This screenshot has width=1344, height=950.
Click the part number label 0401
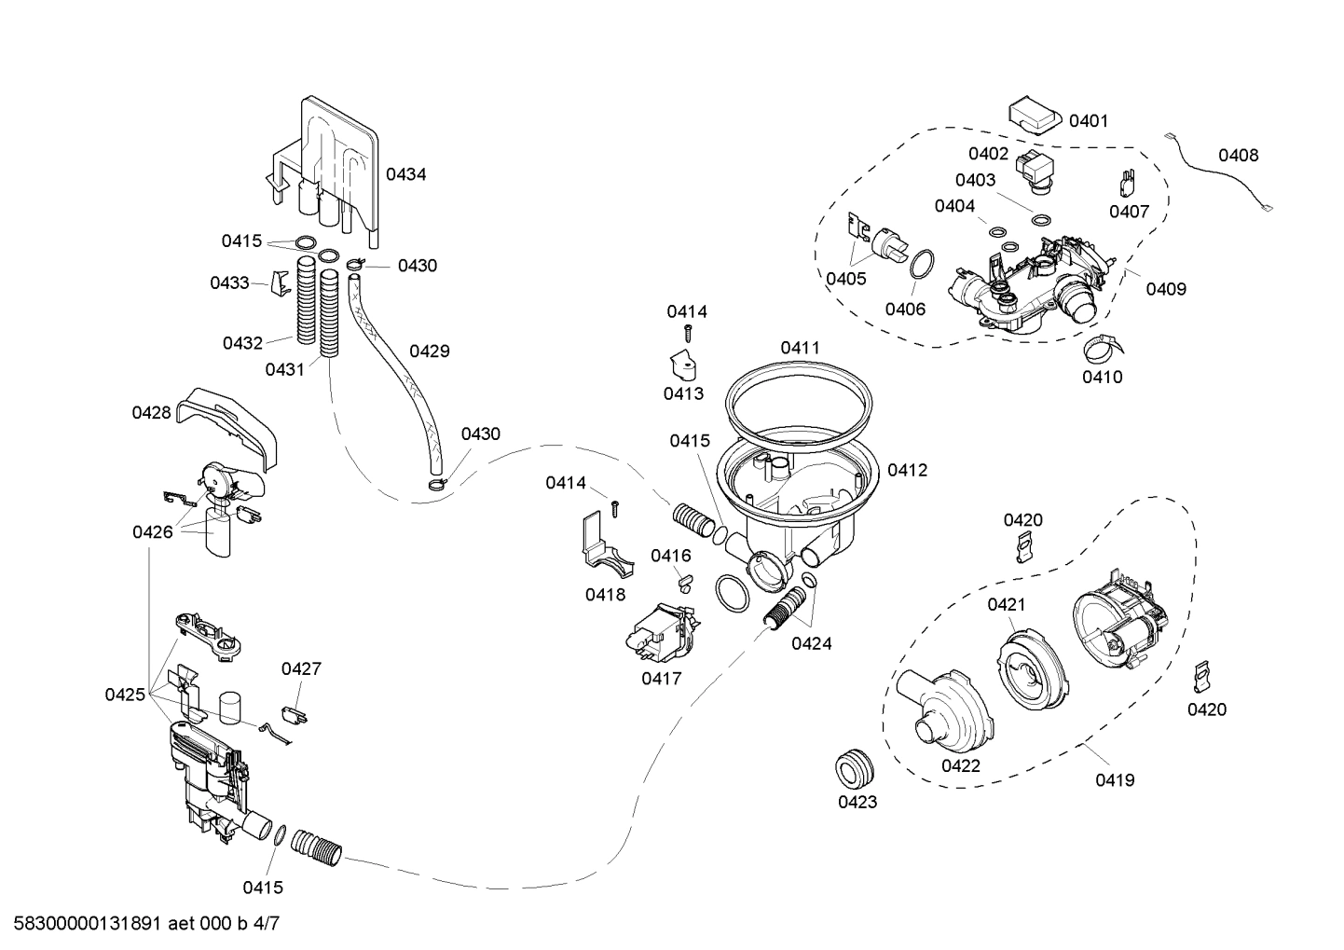click(x=1088, y=120)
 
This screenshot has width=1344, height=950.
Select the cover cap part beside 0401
click(x=1034, y=117)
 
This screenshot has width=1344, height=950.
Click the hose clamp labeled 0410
click(x=1102, y=349)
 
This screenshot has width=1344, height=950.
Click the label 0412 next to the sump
click(x=907, y=471)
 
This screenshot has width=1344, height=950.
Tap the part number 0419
click(x=1115, y=779)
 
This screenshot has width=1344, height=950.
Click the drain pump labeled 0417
click(x=661, y=632)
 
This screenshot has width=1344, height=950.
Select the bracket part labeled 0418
click(x=600, y=546)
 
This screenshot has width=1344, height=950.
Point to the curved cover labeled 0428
click(x=233, y=420)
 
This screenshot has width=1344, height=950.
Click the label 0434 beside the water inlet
click(x=405, y=174)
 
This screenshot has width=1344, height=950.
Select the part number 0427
click(x=301, y=668)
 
